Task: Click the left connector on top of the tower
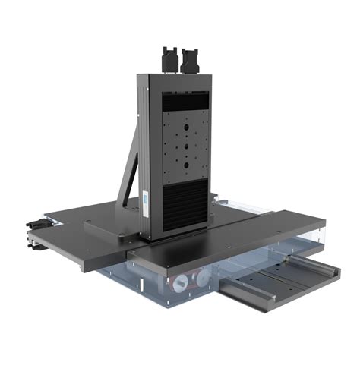pyautogui.click(x=169, y=59)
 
